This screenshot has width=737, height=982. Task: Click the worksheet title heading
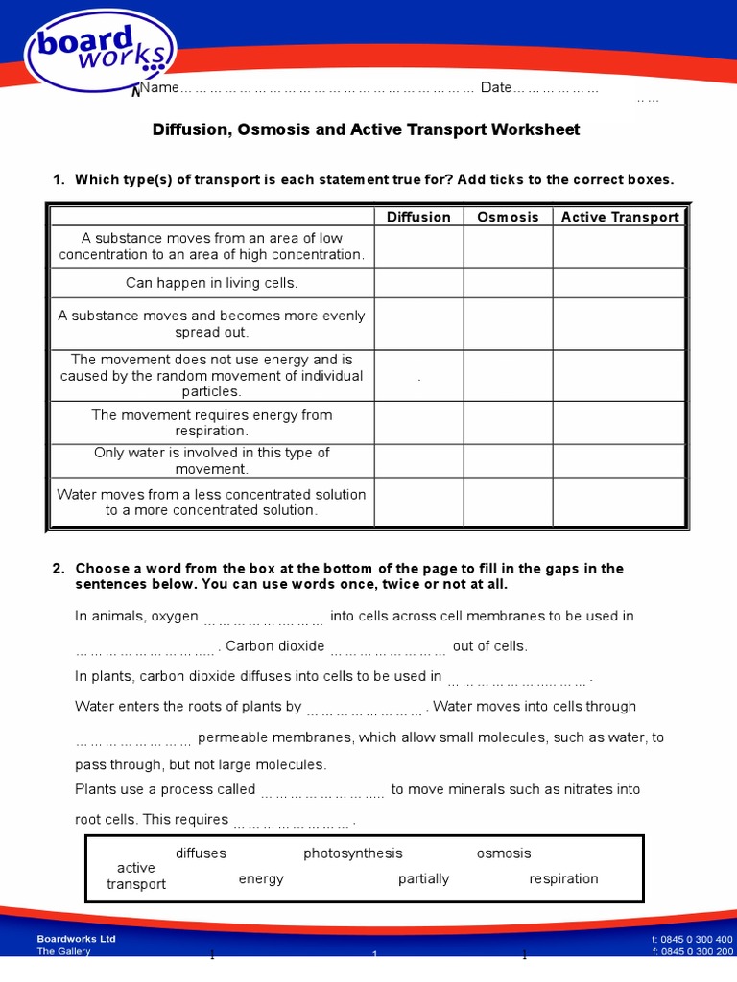click(367, 129)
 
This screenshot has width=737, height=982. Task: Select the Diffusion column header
click(418, 217)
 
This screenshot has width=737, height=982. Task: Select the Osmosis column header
click(508, 217)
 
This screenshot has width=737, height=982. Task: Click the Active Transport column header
click(619, 217)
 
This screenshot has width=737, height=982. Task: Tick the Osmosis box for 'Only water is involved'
click(508, 461)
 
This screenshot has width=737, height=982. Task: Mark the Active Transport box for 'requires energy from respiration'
click(619, 423)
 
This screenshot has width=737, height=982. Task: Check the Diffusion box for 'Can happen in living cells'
click(418, 283)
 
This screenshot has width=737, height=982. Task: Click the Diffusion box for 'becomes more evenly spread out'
click(418, 324)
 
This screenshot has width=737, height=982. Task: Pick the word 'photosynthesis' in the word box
click(353, 853)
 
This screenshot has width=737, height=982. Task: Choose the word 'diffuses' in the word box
click(201, 853)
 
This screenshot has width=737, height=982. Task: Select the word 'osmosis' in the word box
click(503, 853)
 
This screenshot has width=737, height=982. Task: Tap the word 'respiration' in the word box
click(563, 878)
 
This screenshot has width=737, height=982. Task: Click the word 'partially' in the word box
click(423, 878)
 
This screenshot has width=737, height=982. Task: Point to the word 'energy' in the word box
click(261, 878)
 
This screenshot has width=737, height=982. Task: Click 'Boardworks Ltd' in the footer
click(76, 939)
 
